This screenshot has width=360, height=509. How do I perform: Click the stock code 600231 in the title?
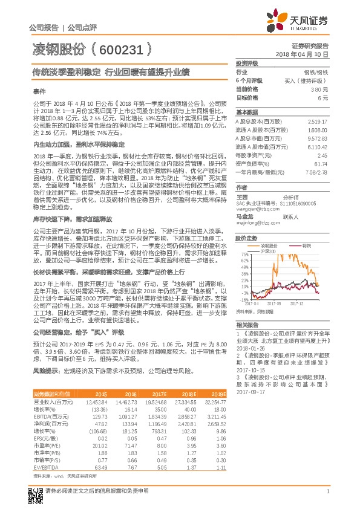point(122,49)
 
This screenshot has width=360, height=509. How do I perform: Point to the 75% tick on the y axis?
point(245,254)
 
